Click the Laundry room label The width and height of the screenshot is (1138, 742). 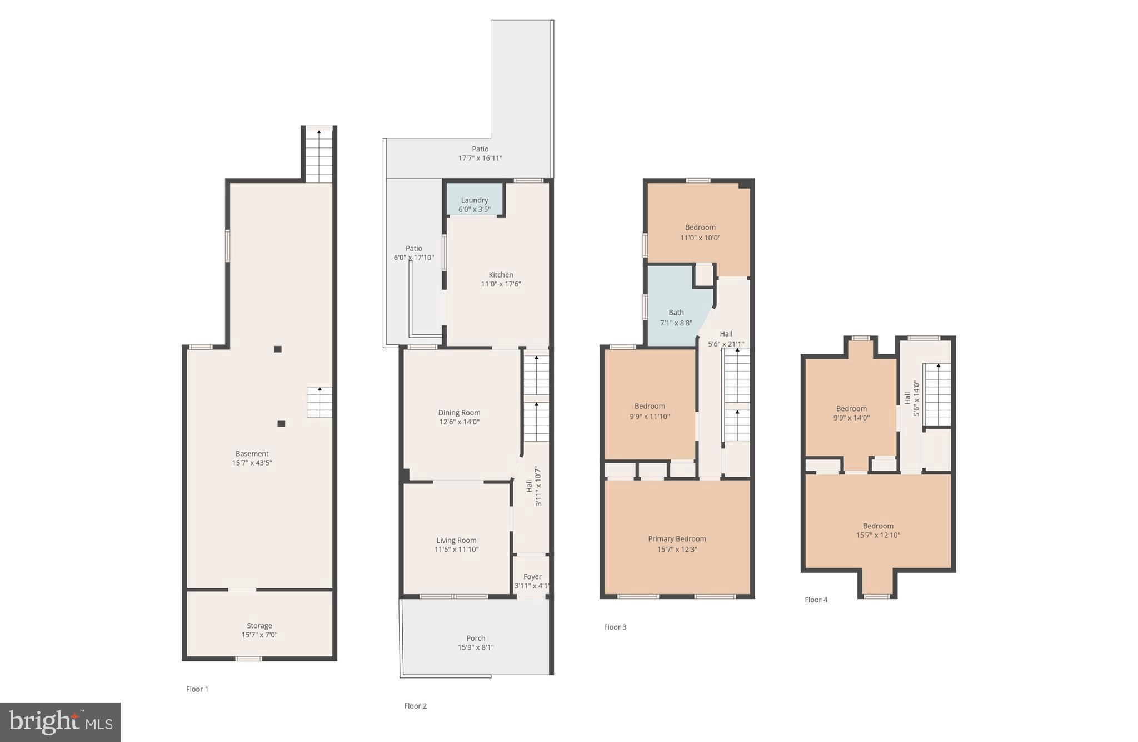click(474, 200)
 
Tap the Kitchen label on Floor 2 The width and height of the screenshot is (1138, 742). click(501, 275)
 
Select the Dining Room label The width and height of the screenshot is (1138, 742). click(459, 413)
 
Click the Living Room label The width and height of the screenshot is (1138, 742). click(456, 540)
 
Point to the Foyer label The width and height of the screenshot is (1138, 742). click(532, 577)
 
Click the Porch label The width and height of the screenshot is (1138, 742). click(476, 638)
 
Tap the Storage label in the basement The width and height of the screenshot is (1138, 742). click(259, 626)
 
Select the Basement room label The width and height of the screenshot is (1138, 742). click(252, 454)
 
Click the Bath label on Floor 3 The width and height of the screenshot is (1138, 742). click(676, 313)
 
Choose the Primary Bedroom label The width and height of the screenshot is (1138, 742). click(677, 539)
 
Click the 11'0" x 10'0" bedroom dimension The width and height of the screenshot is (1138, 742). click(700, 238)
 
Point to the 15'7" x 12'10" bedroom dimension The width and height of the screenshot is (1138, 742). click(878, 536)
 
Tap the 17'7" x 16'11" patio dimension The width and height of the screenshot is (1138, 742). click(480, 159)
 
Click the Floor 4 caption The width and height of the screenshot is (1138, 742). click(816, 600)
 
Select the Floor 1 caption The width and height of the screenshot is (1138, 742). click(197, 689)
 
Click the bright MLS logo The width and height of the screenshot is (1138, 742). click(60, 722)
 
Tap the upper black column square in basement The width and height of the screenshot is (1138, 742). click(278, 349)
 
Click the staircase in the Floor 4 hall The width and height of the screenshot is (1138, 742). click(937, 394)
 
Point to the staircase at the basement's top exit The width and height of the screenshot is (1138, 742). click(319, 155)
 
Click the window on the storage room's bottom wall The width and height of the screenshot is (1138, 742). click(248, 659)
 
